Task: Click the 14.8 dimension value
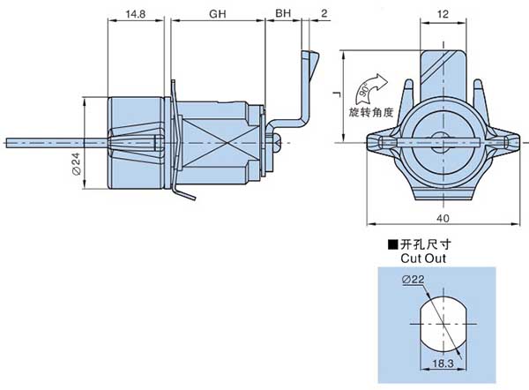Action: (x=136, y=15)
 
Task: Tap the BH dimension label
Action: (x=282, y=15)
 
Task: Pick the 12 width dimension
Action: (x=443, y=15)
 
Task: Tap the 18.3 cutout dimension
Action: (x=443, y=363)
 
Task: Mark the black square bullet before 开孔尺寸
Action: (x=392, y=244)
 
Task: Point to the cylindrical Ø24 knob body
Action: (x=137, y=141)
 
